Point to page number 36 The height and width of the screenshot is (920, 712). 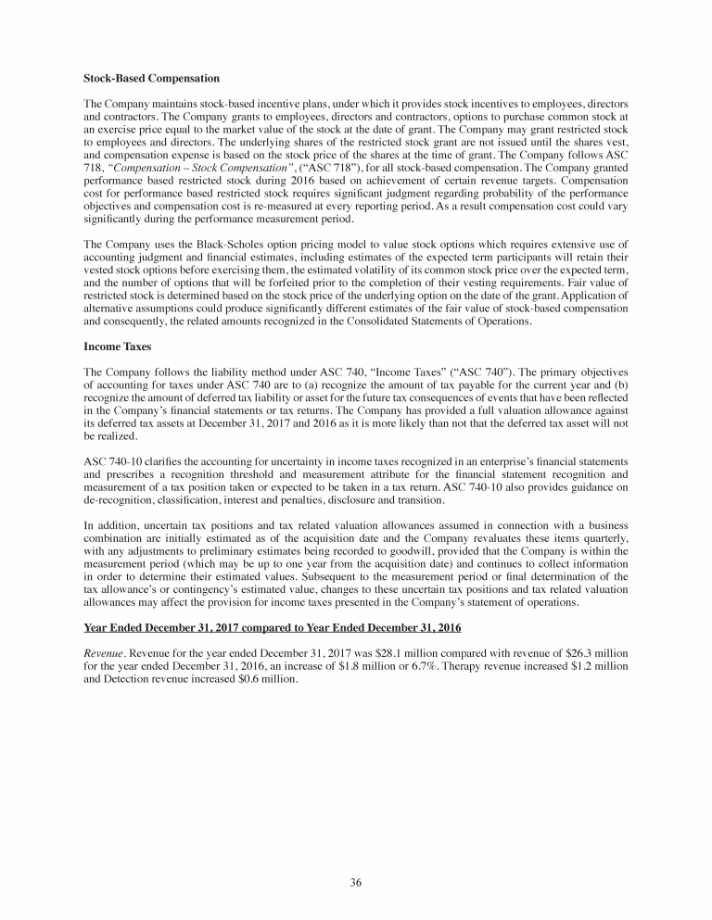click(356, 881)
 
